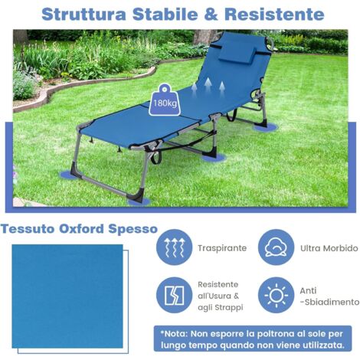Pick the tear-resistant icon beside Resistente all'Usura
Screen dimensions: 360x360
173,296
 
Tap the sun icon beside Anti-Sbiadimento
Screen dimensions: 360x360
276,296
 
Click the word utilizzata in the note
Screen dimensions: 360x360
322,346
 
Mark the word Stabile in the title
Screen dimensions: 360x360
170,14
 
